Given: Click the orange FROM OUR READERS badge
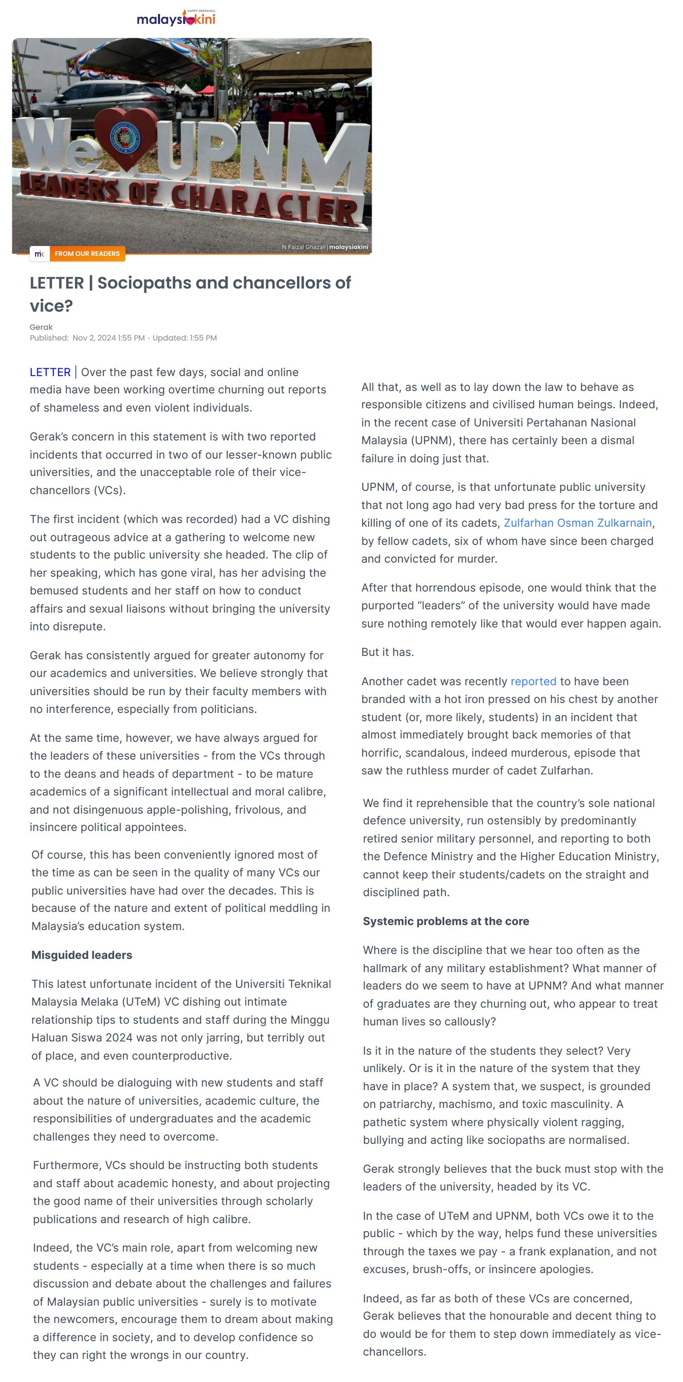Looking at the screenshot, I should (87, 254).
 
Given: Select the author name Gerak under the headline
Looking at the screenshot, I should (41, 327).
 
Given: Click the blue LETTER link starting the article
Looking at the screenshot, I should (50, 372).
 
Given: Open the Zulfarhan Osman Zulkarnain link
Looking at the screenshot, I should (577, 523).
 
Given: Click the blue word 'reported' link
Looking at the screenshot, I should (533, 682).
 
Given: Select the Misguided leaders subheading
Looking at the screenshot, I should (82, 955).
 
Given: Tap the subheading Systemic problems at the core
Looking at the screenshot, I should (445, 921).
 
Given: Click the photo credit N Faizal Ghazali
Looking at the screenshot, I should (304, 247).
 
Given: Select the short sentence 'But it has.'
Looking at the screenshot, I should (387, 652).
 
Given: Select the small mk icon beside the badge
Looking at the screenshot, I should (39, 254).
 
